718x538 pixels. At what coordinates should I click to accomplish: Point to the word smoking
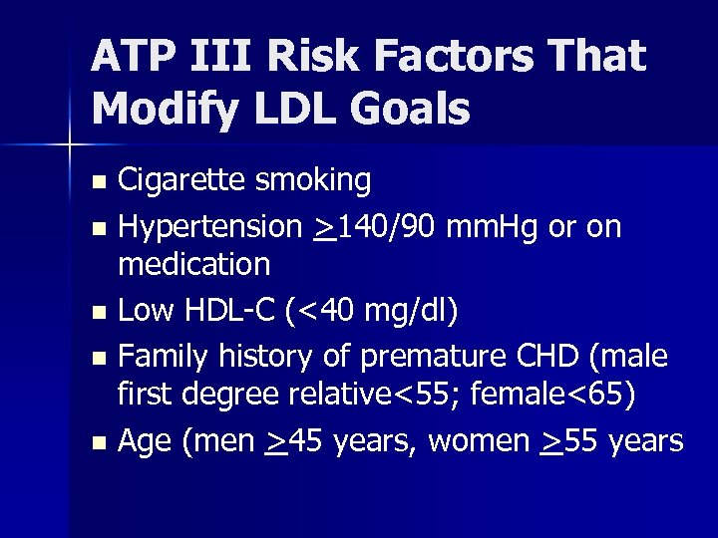pos(313,181)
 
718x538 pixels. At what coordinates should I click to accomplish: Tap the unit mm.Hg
pos(495,226)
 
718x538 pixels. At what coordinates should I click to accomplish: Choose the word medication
pos(193,264)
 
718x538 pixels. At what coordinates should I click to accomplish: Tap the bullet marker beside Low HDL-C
pos(98,312)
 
